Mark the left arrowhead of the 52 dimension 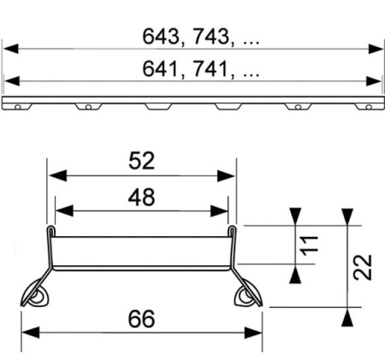53,175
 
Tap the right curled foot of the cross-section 246,295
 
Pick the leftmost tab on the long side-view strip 18,108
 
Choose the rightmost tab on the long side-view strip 367,108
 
